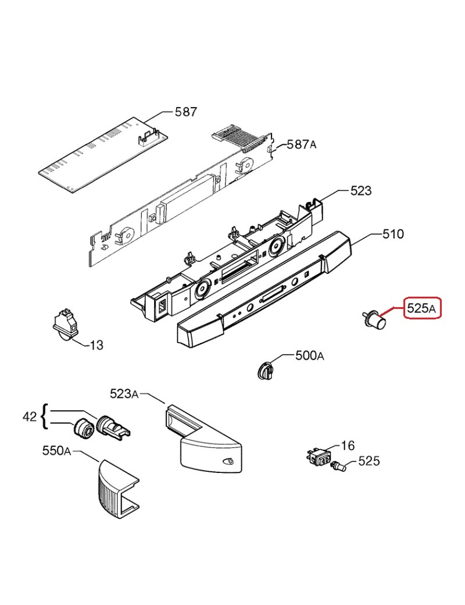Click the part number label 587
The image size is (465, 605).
click(186, 112)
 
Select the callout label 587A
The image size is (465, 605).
click(301, 145)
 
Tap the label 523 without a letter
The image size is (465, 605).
click(361, 191)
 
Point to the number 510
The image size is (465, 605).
click(393, 234)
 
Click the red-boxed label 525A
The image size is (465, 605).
click(422, 308)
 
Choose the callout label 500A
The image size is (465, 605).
click(310, 355)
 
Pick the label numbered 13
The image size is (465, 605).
click(96, 345)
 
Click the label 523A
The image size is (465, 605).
click(124, 394)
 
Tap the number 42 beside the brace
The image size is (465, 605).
click(30, 417)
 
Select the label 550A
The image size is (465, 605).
click(57, 451)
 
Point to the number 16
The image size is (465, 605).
click(348, 446)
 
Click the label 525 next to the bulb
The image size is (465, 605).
click(369, 461)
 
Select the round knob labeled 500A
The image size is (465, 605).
click(265, 371)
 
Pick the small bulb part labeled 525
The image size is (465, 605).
click(338, 467)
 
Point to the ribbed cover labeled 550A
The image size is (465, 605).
click(116, 489)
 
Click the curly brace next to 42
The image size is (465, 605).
click(45, 417)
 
